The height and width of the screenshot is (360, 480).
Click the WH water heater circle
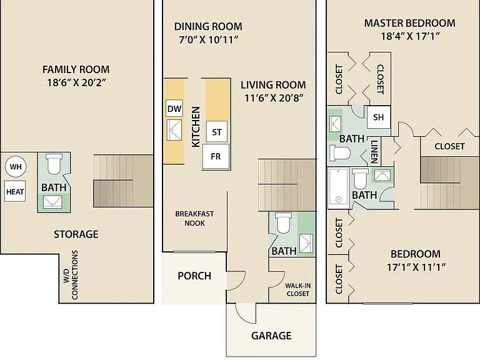16,166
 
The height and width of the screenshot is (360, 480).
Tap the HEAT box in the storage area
15,191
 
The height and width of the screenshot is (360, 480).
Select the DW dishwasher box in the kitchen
174,108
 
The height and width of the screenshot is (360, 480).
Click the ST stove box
217,132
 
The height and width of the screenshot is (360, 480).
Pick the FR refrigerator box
216,156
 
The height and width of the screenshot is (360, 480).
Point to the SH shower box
378,117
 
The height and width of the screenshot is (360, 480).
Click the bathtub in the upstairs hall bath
338,186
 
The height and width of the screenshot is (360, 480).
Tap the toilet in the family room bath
54,164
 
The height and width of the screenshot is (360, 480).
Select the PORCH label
194,276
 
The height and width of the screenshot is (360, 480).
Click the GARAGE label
271,336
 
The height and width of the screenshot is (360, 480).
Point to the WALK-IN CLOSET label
298,289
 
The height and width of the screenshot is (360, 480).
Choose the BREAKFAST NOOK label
194,218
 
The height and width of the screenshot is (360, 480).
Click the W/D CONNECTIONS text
71,275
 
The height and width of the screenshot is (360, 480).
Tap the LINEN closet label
374,151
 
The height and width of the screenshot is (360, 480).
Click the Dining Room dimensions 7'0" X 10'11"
209,39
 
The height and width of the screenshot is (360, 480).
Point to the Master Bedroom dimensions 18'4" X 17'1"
410,36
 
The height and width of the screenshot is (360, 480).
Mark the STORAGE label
76,234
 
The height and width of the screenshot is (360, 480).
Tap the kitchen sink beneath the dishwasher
174,130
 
